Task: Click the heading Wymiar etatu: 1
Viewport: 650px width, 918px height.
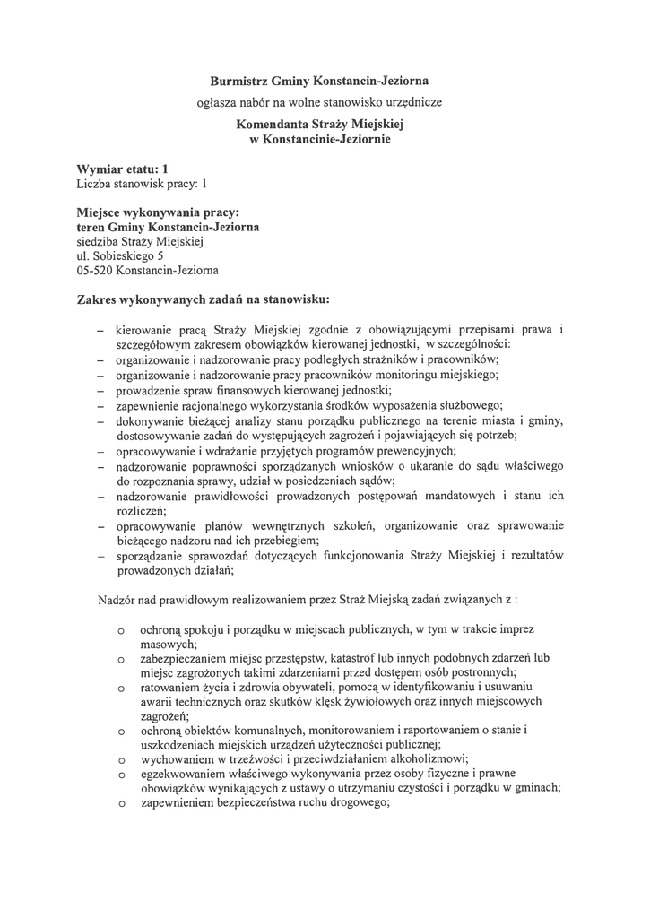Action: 123,169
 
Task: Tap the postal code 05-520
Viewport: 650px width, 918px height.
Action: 96,270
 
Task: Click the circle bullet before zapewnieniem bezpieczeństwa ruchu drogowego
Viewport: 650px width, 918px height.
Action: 120,806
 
